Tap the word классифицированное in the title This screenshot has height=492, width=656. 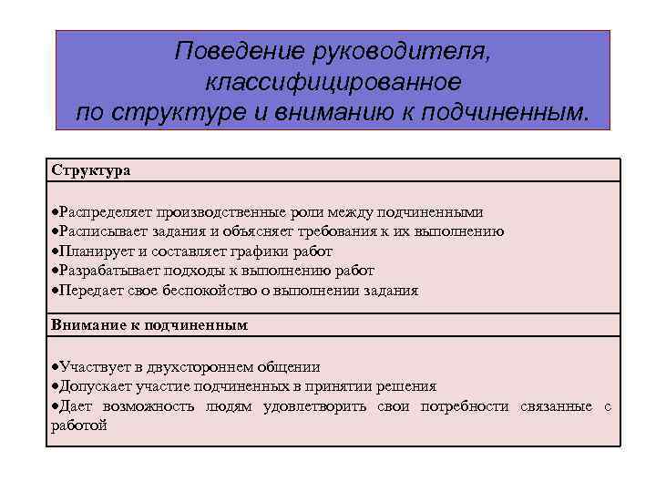pos(333,82)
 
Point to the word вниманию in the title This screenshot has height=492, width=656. pos(345,112)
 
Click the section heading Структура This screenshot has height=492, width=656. pos(91,170)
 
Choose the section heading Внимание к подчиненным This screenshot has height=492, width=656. pos(149,324)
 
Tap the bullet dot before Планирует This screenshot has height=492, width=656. pos(56,251)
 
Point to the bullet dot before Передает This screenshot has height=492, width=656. pos(56,291)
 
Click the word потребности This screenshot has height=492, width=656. pos(465,406)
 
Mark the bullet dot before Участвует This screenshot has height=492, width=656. pos(56,366)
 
